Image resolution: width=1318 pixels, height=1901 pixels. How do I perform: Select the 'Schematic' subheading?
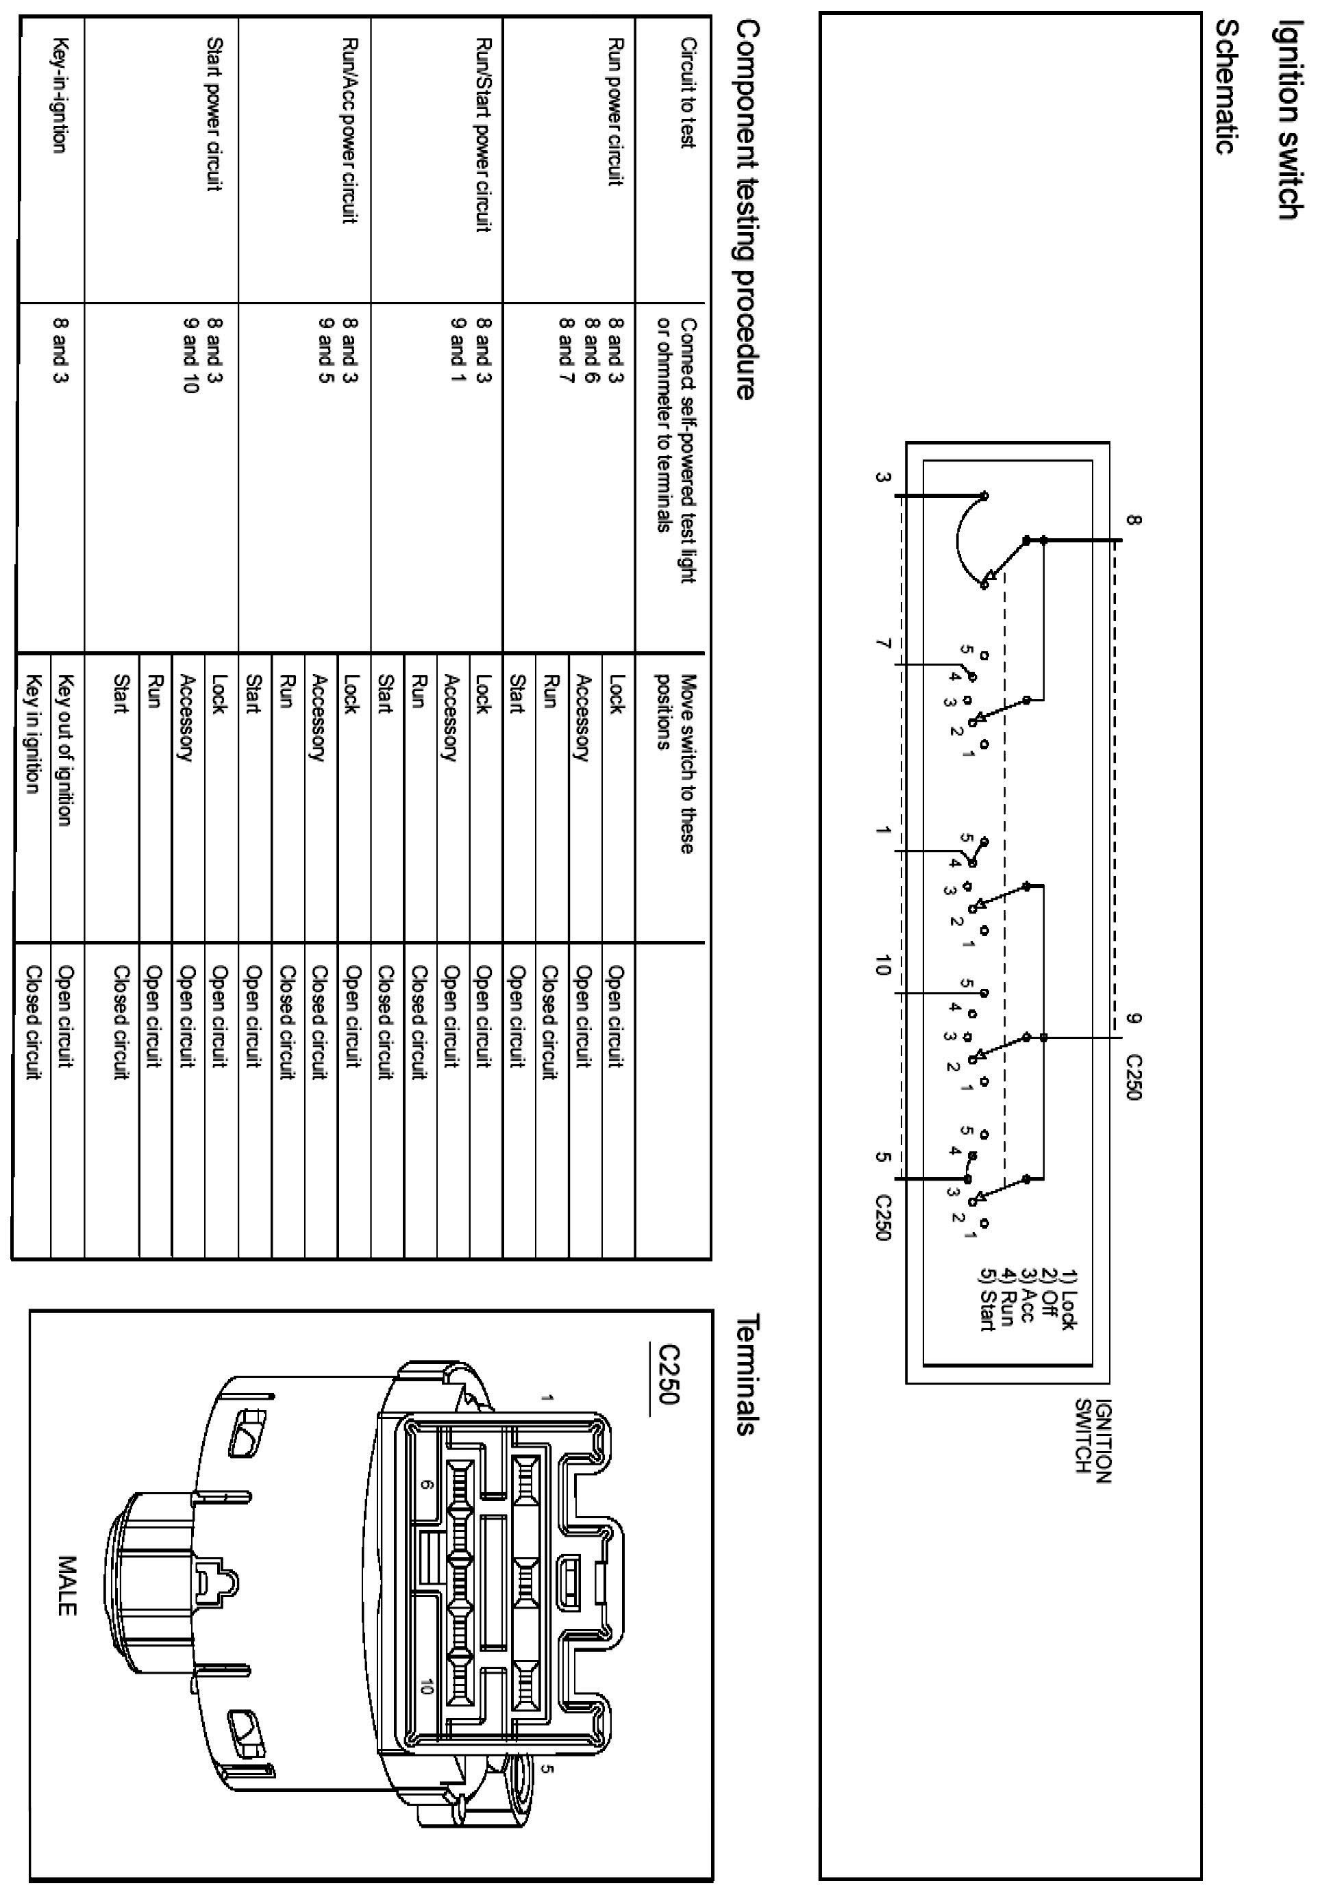(1228, 87)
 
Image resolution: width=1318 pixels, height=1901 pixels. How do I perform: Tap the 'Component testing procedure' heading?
(745, 210)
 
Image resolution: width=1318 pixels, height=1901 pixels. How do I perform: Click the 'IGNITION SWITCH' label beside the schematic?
(1093, 1440)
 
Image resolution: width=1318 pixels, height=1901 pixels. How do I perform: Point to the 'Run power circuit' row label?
(614, 112)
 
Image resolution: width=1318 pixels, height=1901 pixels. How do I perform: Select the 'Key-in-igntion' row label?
(59, 95)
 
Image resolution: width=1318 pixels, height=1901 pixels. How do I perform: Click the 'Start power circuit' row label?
(214, 114)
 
